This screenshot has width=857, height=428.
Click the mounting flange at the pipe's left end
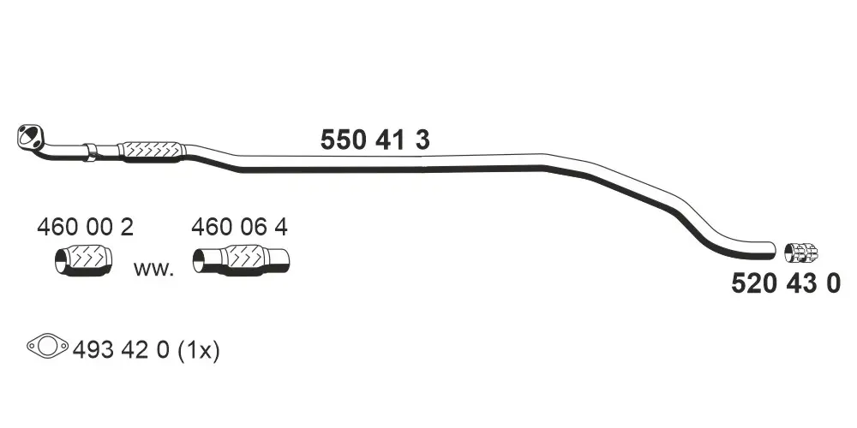pyautogui.click(x=30, y=136)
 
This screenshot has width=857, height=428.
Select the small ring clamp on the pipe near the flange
pyautogui.click(x=92, y=152)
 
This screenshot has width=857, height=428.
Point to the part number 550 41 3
pyautogui.click(x=375, y=140)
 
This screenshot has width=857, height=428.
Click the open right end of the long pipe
pyautogui.click(x=772, y=251)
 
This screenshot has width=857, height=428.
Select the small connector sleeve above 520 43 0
pyautogui.click(x=801, y=252)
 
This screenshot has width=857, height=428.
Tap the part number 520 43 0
pyautogui.click(x=786, y=284)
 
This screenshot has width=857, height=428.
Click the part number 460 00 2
pyautogui.click(x=85, y=227)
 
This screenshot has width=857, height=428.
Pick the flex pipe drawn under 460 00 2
pyautogui.click(x=84, y=260)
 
